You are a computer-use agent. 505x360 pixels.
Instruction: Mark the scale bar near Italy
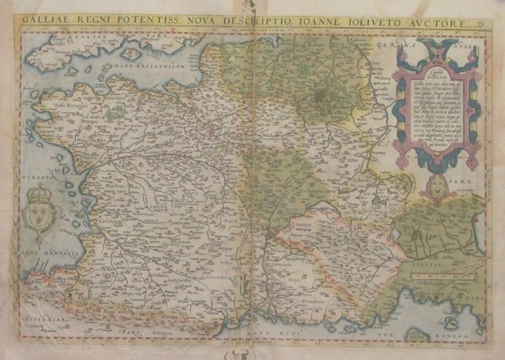pos(442,270)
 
